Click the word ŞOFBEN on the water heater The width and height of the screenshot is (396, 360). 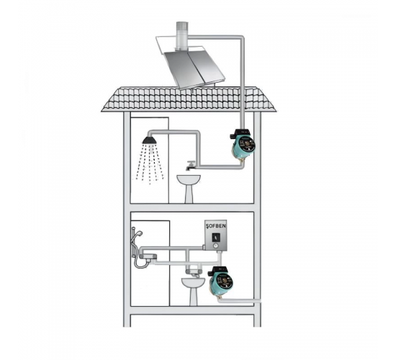216,226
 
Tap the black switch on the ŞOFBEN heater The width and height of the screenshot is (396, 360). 216,237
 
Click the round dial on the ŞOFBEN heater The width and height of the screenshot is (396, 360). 215,246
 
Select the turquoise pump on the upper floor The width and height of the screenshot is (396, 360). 243,145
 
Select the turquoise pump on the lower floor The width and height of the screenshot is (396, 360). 220,282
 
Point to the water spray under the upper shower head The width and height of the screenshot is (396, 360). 150,163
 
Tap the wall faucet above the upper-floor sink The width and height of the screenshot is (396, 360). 191,166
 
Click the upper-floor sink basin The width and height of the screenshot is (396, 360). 189,179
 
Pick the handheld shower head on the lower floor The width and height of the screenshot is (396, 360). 139,234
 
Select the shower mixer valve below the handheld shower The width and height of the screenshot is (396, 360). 148,258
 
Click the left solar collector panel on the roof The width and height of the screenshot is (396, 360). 183,69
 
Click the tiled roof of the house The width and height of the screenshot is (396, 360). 189,99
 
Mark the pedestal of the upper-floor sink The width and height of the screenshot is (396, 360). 189,194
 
